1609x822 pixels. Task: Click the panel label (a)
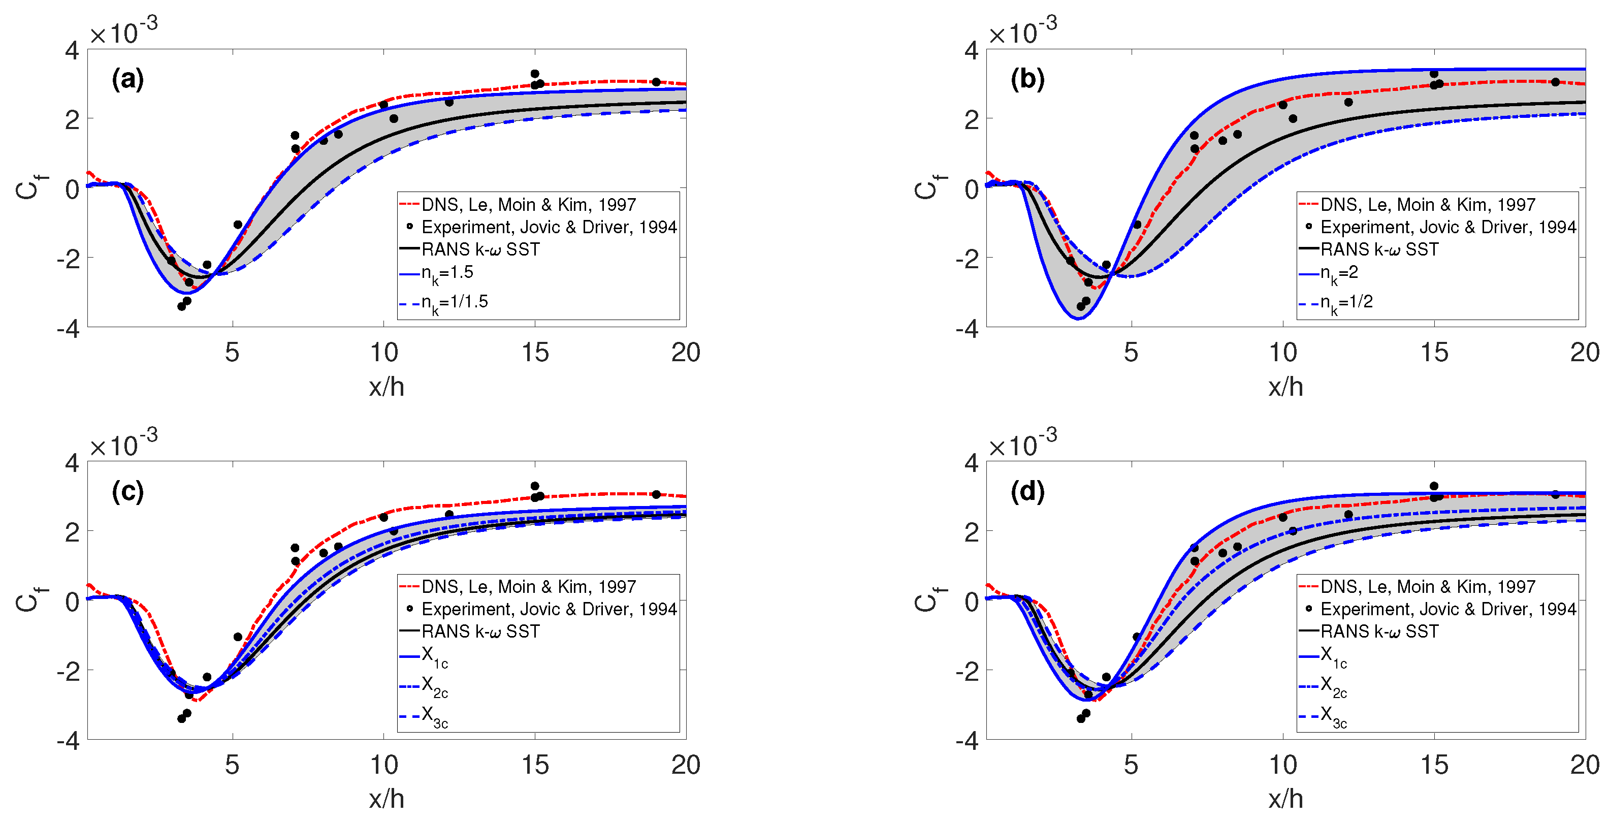(x=127, y=80)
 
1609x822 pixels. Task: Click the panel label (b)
(x=1027, y=80)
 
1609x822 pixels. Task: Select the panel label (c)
(x=127, y=492)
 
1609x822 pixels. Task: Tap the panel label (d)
(x=1027, y=492)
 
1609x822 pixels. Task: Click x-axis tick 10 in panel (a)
(x=383, y=353)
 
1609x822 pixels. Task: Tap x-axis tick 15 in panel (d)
(x=1434, y=765)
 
